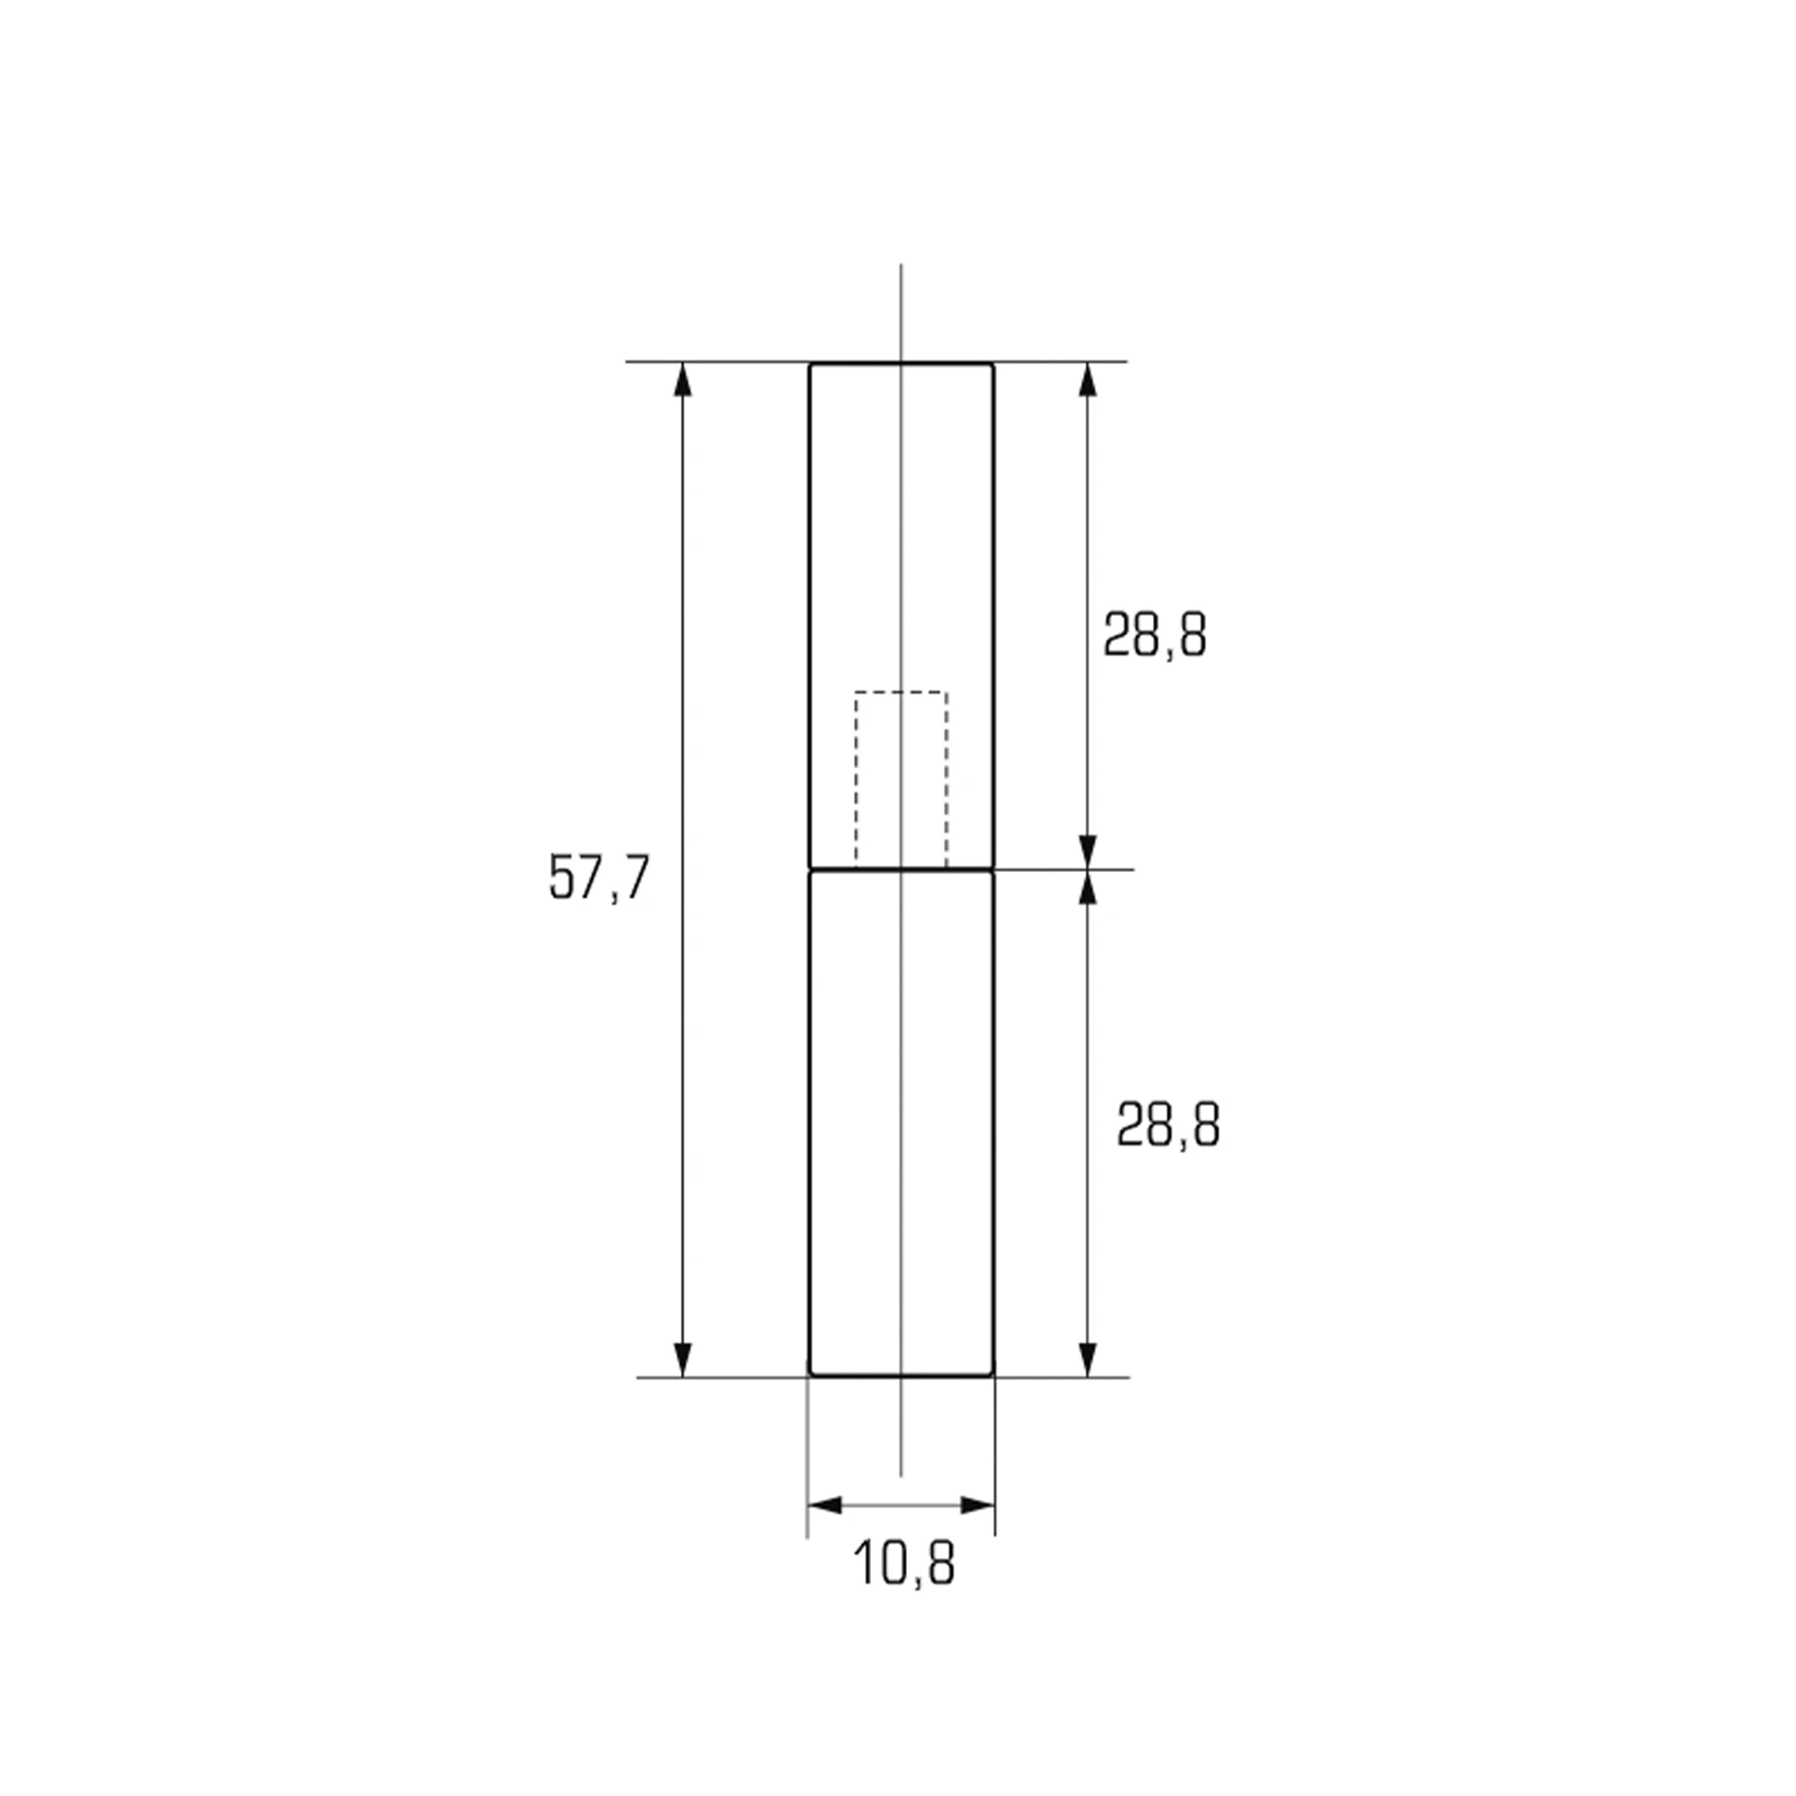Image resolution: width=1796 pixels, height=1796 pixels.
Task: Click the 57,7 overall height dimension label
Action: point(599,876)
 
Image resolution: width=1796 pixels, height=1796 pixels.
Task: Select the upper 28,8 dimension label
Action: point(1155,636)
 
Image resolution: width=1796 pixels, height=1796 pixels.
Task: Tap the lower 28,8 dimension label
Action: point(1167,1125)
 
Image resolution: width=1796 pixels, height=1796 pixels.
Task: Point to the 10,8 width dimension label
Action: point(903,1563)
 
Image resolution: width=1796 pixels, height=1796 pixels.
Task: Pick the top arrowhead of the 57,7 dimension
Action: point(682,380)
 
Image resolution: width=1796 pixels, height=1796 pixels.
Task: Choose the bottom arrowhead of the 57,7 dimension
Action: point(682,1359)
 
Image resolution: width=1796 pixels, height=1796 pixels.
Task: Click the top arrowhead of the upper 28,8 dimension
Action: point(1087,380)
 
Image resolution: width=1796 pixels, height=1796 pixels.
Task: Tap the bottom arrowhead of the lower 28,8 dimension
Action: point(1087,1359)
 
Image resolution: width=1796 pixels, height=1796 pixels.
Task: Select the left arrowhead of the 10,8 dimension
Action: point(824,1505)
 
